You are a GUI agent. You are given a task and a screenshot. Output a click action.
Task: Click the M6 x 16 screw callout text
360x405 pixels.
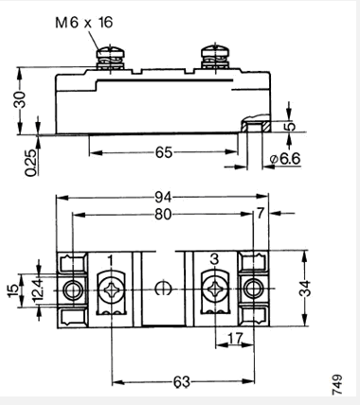tap(84, 23)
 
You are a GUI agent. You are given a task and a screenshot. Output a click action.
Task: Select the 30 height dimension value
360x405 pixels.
tap(21, 99)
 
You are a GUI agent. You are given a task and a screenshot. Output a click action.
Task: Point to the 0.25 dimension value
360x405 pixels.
tap(31, 163)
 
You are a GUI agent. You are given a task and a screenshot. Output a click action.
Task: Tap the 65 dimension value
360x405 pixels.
tap(164, 152)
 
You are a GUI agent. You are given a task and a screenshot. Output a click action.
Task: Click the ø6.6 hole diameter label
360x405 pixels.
tap(285, 159)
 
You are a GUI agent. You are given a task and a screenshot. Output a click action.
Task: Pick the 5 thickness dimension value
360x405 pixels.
tap(290, 126)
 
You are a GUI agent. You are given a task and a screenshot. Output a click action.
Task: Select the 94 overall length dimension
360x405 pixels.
tap(164, 198)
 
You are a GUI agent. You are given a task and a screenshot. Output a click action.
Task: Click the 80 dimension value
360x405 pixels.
tap(164, 215)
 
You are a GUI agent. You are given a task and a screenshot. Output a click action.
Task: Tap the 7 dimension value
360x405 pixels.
tap(260, 214)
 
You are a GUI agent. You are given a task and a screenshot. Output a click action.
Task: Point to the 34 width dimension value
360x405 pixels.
tap(305, 289)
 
